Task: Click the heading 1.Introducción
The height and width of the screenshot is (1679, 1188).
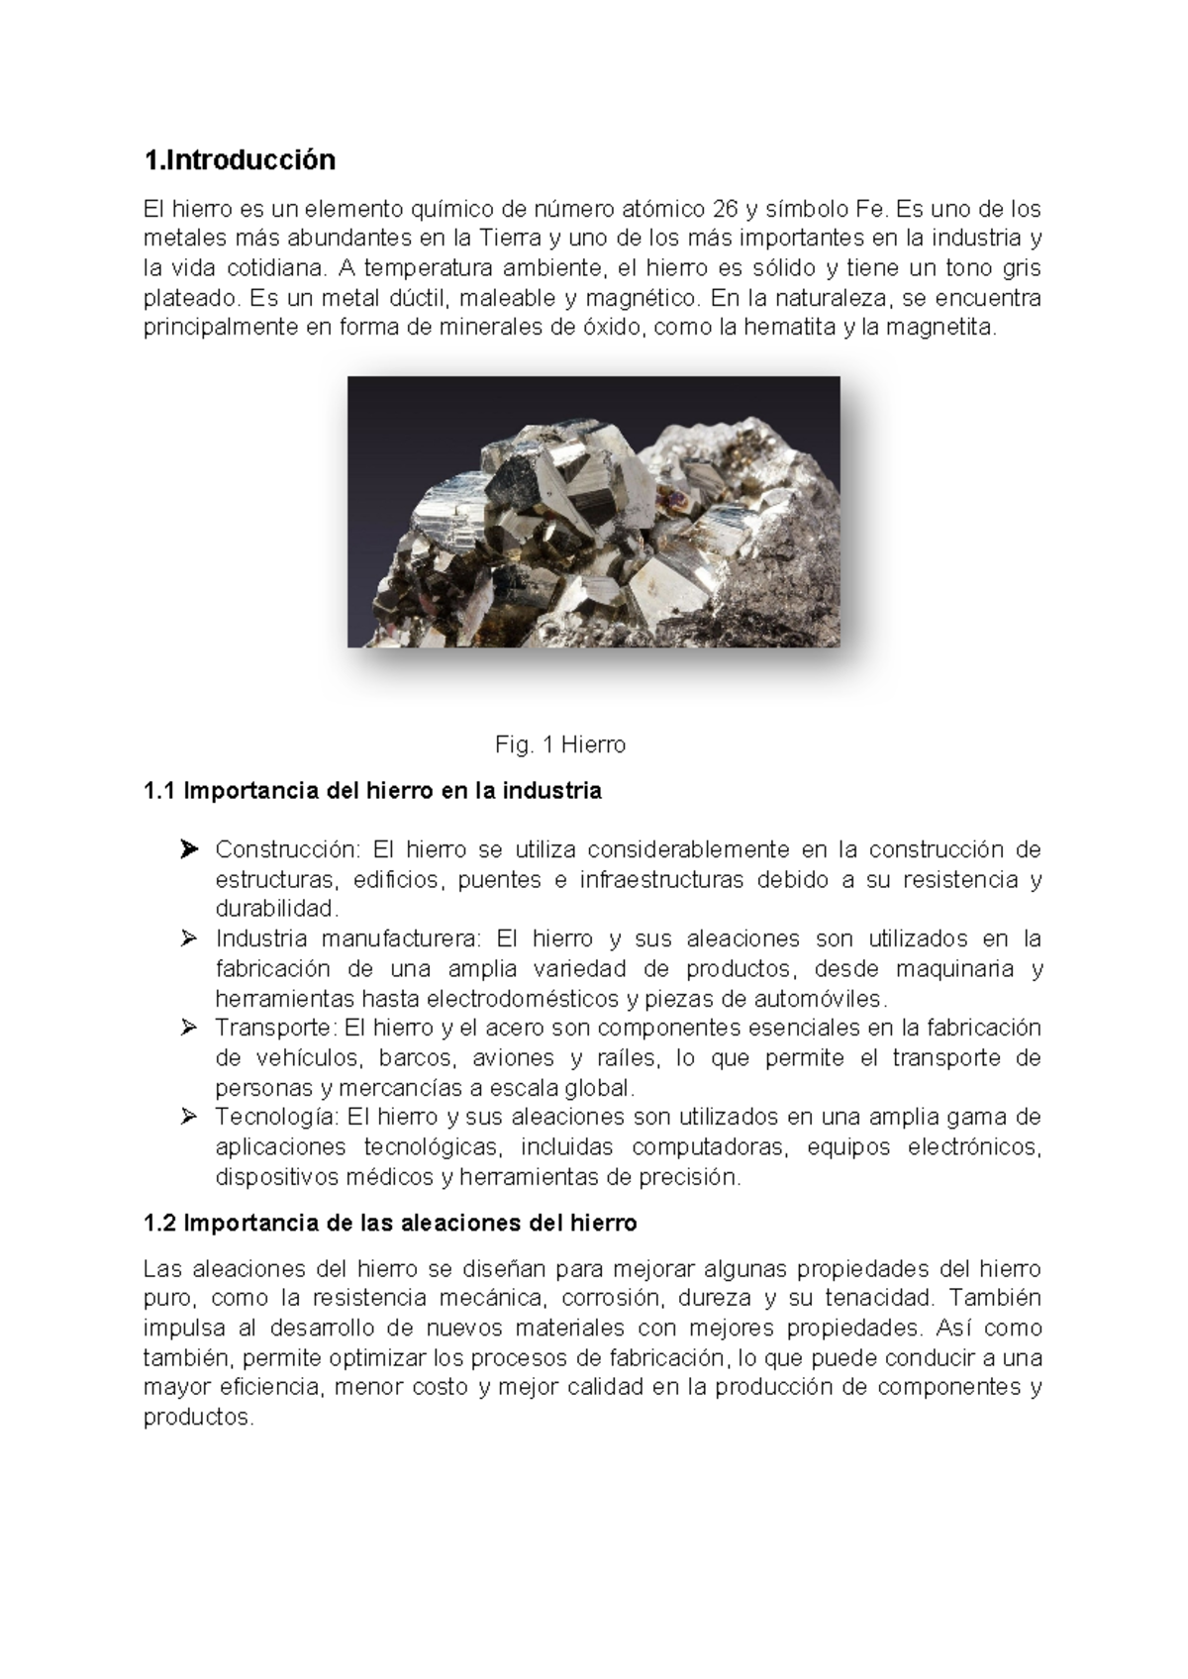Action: pyautogui.click(x=240, y=159)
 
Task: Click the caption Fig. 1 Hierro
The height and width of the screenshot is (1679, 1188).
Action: pyautogui.click(x=560, y=744)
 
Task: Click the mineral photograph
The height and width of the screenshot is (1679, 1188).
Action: pyautogui.click(x=593, y=512)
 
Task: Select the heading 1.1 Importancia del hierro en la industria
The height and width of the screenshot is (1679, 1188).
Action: pyautogui.click(x=372, y=791)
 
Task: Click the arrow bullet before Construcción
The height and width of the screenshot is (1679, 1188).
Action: pyautogui.click(x=189, y=849)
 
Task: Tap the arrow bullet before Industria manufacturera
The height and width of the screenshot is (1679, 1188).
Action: pyautogui.click(x=189, y=938)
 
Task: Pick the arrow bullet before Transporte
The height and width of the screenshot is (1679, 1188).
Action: pyautogui.click(x=189, y=1028)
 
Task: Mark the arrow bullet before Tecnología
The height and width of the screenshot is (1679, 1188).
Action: pyautogui.click(x=189, y=1117)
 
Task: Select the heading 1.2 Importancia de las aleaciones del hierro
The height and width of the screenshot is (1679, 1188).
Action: pyautogui.click(x=390, y=1223)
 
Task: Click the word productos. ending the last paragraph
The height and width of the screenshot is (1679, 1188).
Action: pyautogui.click(x=198, y=1417)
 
